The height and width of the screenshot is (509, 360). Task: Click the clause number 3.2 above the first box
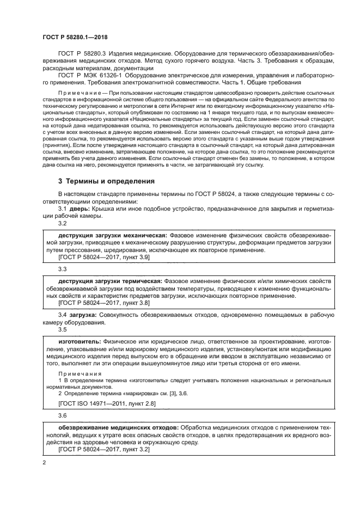pos(62,223)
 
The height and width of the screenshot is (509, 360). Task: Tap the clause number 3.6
pos(62,416)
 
